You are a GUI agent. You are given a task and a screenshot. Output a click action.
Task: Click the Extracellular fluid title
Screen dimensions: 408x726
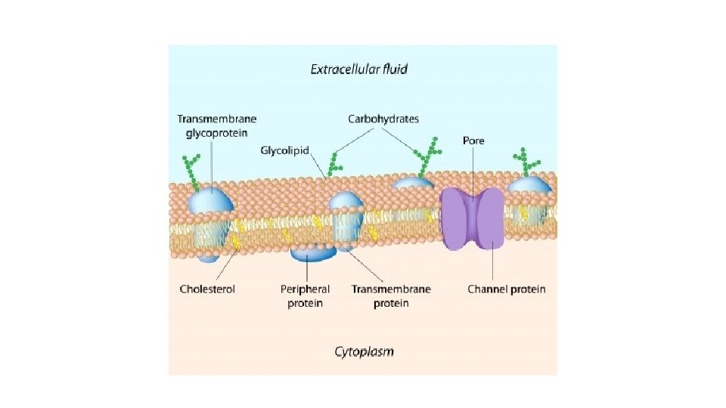358,69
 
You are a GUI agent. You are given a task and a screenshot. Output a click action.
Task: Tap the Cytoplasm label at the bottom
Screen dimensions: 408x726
364,351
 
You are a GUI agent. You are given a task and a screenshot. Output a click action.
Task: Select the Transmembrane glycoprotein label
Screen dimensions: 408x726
217,125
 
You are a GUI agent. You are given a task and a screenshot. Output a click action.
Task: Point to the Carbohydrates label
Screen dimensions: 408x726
383,119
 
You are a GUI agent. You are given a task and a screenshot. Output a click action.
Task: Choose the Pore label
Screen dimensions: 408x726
473,141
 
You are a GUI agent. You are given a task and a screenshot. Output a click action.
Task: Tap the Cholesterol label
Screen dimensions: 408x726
207,289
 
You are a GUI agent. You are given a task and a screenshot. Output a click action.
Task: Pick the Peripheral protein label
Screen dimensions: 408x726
305,295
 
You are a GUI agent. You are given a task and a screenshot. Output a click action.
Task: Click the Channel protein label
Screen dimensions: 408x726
506,289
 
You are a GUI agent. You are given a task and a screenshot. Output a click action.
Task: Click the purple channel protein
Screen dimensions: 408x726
473,219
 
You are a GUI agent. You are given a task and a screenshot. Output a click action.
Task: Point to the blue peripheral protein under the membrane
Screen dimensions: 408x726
315,253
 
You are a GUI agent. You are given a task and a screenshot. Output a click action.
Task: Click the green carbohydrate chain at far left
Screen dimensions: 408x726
193,170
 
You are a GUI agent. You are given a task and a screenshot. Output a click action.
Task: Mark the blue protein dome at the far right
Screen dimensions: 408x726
529,186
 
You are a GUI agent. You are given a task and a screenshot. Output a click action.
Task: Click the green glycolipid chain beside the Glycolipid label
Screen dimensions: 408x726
334,163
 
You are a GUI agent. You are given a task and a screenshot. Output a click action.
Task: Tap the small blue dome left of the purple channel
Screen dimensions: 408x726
412,183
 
